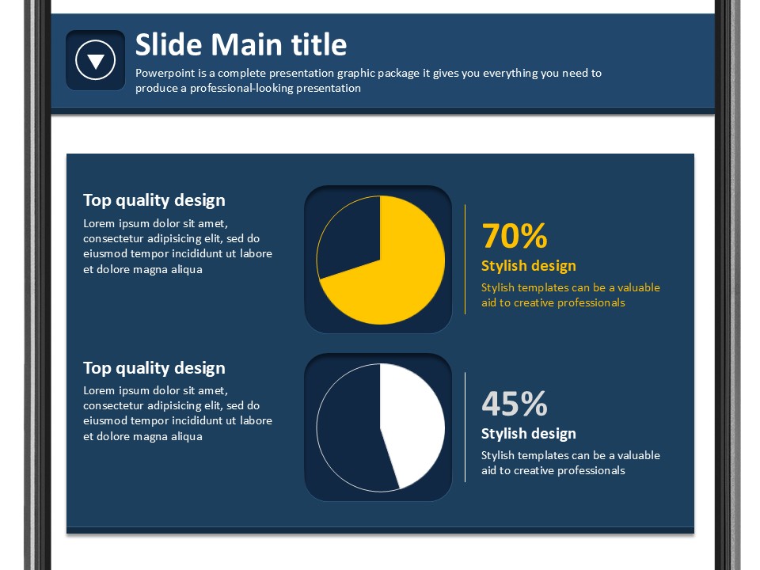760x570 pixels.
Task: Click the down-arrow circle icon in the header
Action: [x=96, y=60]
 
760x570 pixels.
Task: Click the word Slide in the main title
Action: [x=168, y=44]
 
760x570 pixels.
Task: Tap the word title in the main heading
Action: [x=319, y=44]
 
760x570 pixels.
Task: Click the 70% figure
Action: [x=515, y=236]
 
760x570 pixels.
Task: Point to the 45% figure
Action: [x=515, y=404]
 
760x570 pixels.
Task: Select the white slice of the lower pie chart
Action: [x=412, y=422]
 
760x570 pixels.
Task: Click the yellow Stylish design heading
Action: [x=528, y=266]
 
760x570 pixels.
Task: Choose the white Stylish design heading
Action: [x=528, y=433]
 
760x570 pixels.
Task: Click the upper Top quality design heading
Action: [x=154, y=200]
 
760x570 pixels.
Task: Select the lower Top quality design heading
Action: [x=154, y=368]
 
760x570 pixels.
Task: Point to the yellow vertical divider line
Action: [x=465, y=260]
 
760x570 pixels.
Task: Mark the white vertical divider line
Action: [x=465, y=427]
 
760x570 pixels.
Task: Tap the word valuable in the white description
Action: [x=638, y=455]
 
